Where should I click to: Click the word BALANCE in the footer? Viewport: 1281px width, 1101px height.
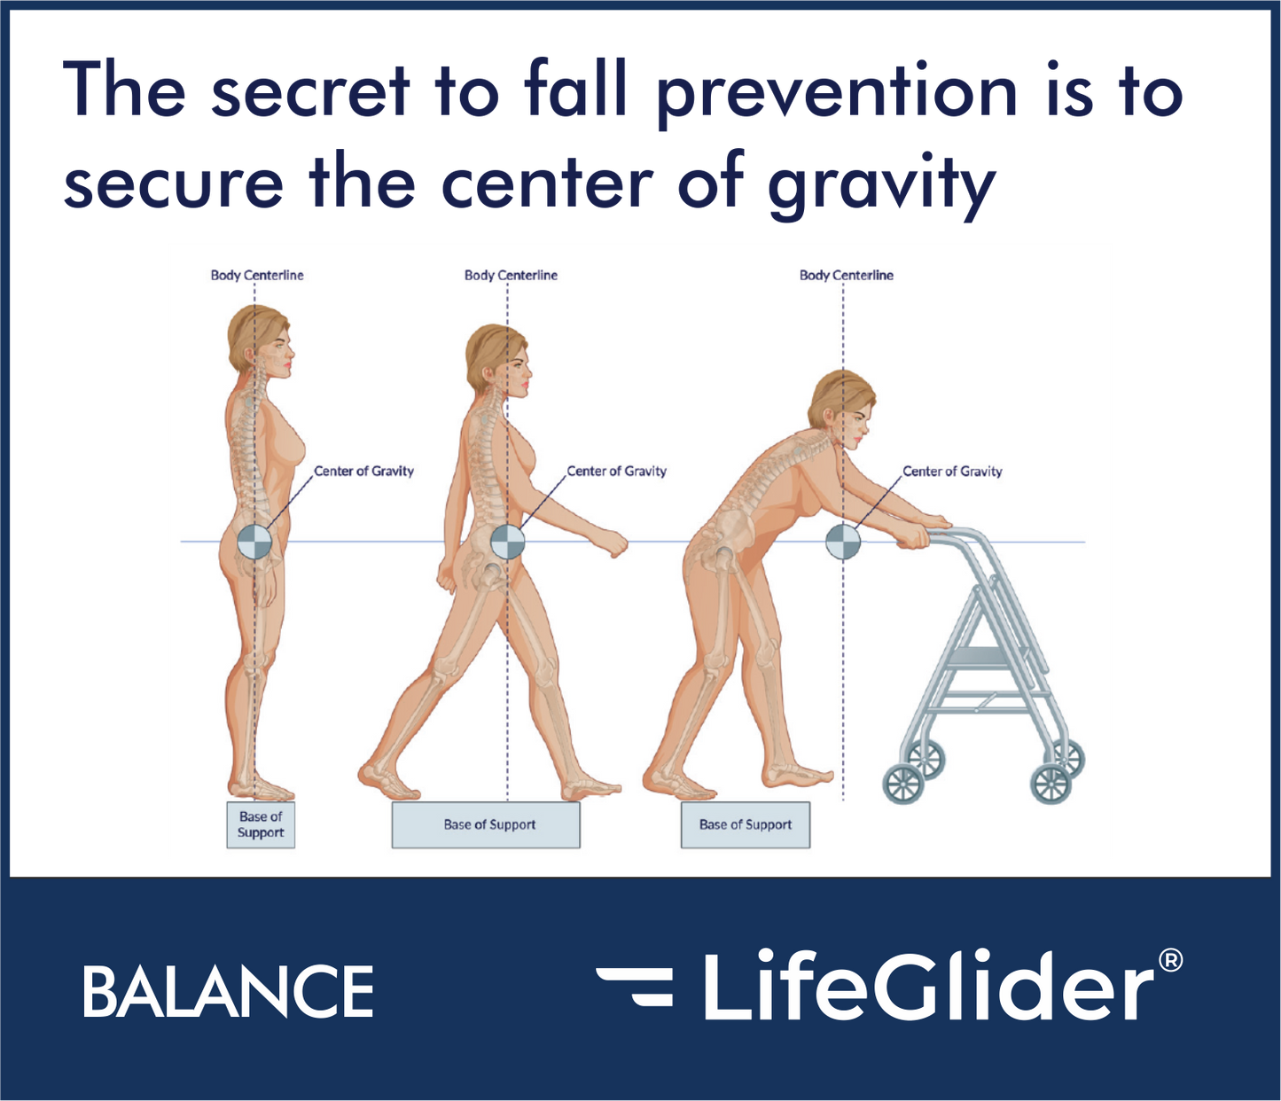point(228,991)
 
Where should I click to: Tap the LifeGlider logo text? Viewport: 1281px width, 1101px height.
point(926,987)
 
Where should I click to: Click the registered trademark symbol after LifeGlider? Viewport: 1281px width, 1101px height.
point(1170,961)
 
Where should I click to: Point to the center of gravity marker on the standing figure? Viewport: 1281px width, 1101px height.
point(254,542)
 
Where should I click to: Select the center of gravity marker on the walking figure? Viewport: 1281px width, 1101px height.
point(507,542)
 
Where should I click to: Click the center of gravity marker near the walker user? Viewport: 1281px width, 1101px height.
point(842,542)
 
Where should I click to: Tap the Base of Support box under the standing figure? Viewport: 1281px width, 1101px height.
point(261,824)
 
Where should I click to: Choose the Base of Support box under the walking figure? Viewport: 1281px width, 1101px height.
point(486,824)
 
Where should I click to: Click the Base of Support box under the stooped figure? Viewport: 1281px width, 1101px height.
point(745,824)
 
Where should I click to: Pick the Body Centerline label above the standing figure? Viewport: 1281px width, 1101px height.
point(257,275)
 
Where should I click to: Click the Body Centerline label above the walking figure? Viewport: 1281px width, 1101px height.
point(511,275)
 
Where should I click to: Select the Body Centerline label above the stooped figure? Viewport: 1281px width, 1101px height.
point(846,275)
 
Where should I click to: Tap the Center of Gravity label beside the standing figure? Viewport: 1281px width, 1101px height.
point(363,471)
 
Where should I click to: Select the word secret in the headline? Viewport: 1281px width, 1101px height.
point(310,92)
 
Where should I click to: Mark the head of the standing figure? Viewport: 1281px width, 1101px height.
point(260,341)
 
